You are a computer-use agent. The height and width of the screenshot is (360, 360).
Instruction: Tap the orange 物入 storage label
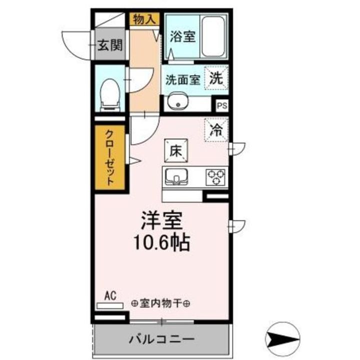pyautogui.click(x=144, y=19)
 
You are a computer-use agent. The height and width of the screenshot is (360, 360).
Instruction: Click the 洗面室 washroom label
pyautogui.click(x=183, y=78)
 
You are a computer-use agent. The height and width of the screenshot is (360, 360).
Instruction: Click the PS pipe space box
pyautogui.click(x=222, y=105)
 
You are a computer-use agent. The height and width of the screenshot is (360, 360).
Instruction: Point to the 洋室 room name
pyautogui.click(x=160, y=220)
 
